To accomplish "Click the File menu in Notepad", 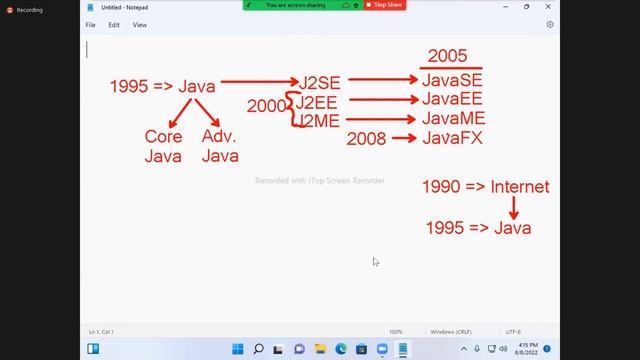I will [x=90, y=24].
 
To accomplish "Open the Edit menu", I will [x=115, y=24].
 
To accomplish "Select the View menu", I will [x=140, y=24].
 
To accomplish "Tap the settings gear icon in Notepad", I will [x=549, y=24].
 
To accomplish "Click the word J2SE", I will [x=318, y=82].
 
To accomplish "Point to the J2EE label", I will [x=317, y=101].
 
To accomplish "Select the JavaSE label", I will [x=452, y=81].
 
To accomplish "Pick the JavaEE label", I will [x=452, y=100].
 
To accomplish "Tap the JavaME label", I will [x=453, y=119].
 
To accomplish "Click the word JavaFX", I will [x=452, y=138].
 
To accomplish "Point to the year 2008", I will [x=367, y=139].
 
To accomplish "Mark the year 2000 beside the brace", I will [x=267, y=106].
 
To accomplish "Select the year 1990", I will [x=443, y=187].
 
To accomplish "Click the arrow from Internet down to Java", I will [x=514, y=207].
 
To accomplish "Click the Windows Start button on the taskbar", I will [x=237, y=349].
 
